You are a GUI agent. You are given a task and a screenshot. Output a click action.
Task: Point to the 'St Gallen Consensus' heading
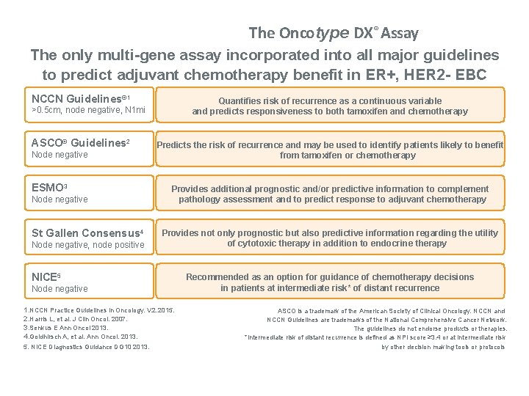(87, 233)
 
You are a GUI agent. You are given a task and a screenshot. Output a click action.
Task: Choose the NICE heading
(46, 277)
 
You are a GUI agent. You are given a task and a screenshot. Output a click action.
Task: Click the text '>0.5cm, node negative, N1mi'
(88, 110)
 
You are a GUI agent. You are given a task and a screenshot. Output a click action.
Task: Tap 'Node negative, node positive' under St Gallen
(88, 245)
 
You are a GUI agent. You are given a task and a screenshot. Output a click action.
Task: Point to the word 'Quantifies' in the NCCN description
(240, 100)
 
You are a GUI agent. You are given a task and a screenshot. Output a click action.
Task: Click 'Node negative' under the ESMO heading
(60, 199)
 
